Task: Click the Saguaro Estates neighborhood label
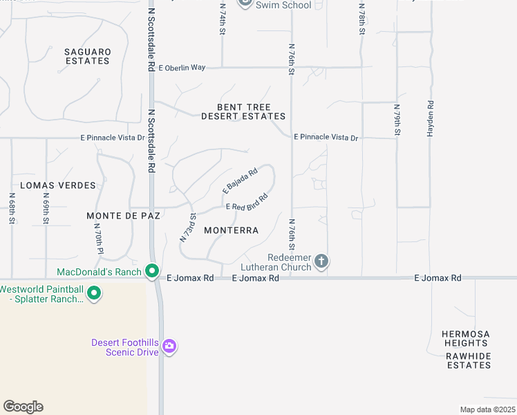coord(87,56)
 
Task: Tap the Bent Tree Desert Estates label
coord(243,112)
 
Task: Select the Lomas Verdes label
coord(58,185)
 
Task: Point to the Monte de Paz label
coord(124,216)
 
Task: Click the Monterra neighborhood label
coord(231,230)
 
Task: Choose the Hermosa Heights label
coord(466,338)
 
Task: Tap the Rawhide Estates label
coord(469,360)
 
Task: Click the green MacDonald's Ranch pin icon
coord(153,272)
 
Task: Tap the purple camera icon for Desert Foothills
coord(170,346)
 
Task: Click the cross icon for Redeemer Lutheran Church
coord(321,261)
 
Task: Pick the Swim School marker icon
coord(245,3)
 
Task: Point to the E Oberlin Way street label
coord(182,68)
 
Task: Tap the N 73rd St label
coord(188,227)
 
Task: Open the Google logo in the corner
coord(23,407)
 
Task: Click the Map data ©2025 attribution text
coord(486,409)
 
